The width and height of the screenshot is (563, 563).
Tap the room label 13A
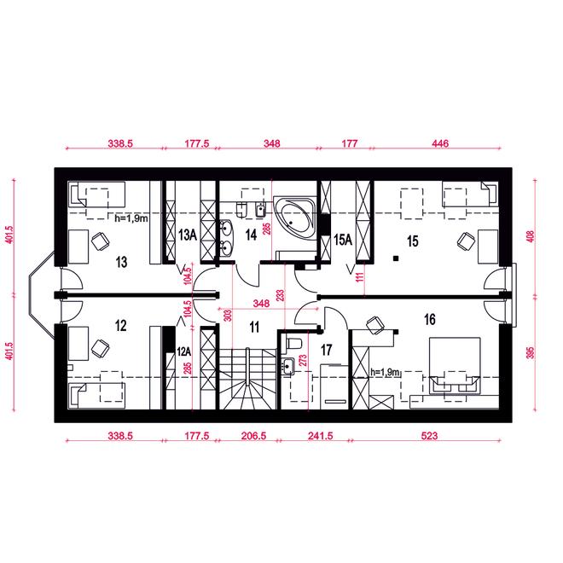pyautogui.click(x=188, y=235)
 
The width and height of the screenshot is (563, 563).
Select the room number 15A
pyautogui.click(x=343, y=240)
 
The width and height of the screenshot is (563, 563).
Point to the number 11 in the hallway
pyautogui.click(x=254, y=327)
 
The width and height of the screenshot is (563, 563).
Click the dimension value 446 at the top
pyautogui.click(x=440, y=143)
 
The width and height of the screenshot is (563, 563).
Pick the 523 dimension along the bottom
pyautogui.click(x=429, y=436)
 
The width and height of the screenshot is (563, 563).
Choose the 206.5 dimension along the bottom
pyautogui.click(x=253, y=436)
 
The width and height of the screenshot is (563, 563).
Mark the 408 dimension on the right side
pyautogui.click(x=531, y=236)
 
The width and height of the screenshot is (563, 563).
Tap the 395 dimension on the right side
pyautogui.click(x=531, y=352)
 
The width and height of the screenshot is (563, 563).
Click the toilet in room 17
pyautogui.click(x=293, y=343)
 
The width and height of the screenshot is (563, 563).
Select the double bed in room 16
pyautogui.click(x=455, y=365)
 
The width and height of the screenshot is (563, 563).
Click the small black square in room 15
pyautogui.click(x=396, y=258)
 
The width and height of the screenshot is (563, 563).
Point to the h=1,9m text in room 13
pyautogui.click(x=131, y=218)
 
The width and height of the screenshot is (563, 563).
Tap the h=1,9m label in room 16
pyautogui.click(x=386, y=372)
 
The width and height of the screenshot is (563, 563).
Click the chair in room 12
pyautogui.click(x=100, y=347)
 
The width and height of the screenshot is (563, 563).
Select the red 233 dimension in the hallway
pyautogui.click(x=281, y=295)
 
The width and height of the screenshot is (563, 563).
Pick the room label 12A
pyautogui.click(x=184, y=351)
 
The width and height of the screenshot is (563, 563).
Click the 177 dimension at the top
pyautogui.click(x=350, y=143)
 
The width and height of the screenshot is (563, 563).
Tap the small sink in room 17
pyautogui.click(x=288, y=366)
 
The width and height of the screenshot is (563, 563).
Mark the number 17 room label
pyautogui.click(x=326, y=350)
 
